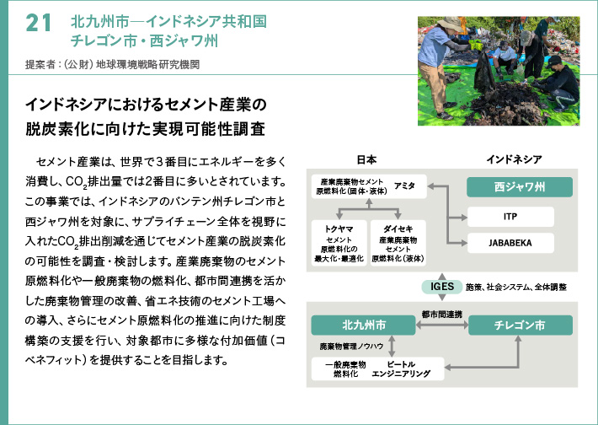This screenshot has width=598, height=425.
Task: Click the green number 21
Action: pyautogui.click(x=38, y=23)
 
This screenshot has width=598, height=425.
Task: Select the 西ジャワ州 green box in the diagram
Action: pyautogui.click(x=520, y=187)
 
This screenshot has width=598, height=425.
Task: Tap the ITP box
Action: pyautogui.click(x=510, y=217)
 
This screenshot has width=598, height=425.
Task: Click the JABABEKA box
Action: pyautogui.click(x=510, y=243)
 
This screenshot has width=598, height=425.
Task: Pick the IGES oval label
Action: pyautogui.click(x=442, y=287)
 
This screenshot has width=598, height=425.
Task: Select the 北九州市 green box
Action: pyautogui.click(x=364, y=325)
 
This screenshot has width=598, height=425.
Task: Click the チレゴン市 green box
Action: pyautogui.click(x=521, y=325)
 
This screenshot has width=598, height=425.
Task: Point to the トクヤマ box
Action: pyautogui.click(x=339, y=243)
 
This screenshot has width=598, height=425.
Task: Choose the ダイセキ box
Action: pyautogui.click(x=398, y=243)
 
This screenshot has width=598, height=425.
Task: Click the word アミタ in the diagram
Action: pyautogui.click(x=404, y=186)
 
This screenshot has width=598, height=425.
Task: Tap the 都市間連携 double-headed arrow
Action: pyautogui.click(x=442, y=325)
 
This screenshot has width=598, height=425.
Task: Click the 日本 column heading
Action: pyautogui.click(x=366, y=159)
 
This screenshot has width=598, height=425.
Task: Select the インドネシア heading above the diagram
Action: pyautogui.click(x=514, y=159)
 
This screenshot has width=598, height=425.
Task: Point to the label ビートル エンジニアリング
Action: pyautogui.click(x=401, y=369)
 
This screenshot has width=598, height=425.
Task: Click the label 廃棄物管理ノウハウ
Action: pyautogui.click(x=351, y=347)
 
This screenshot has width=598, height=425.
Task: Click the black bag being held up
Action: pyautogui.click(x=485, y=72)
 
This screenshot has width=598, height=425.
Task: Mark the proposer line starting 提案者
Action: pyautogui.click(x=113, y=64)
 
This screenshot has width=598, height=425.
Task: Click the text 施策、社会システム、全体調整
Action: pyautogui.click(x=516, y=288)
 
